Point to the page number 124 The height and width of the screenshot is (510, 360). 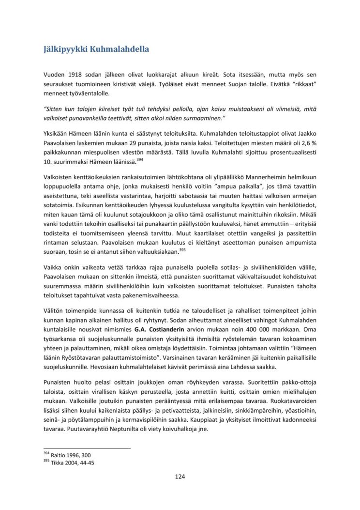pyautogui.click(x=180, y=477)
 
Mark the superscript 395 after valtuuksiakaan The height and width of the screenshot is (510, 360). pyautogui.click(x=182, y=249)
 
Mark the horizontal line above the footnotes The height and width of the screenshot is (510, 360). pyautogui.click(x=87, y=448)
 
